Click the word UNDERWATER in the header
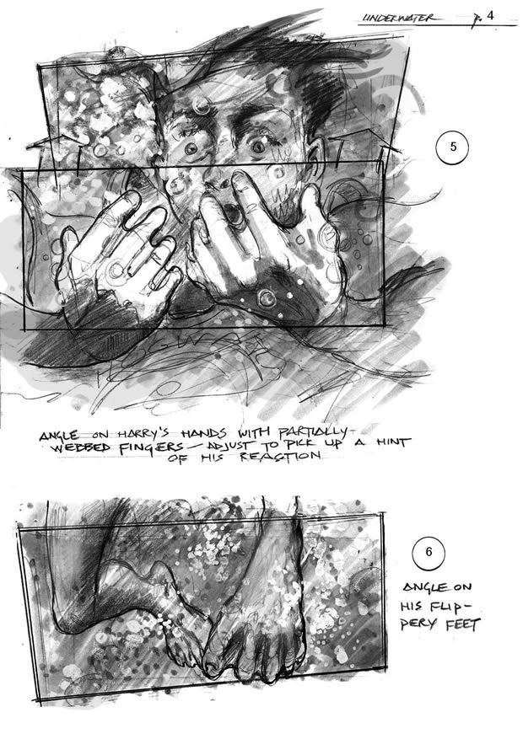click(x=397, y=18)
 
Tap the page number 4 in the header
click(x=490, y=15)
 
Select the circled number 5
click(x=453, y=147)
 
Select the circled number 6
click(x=429, y=552)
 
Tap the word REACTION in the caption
click(x=280, y=456)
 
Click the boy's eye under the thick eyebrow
click(x=258, y=147)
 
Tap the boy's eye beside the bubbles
click(x=191, y=149)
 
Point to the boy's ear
click(x=314, y=156)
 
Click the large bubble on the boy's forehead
click(x=201, y=105)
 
